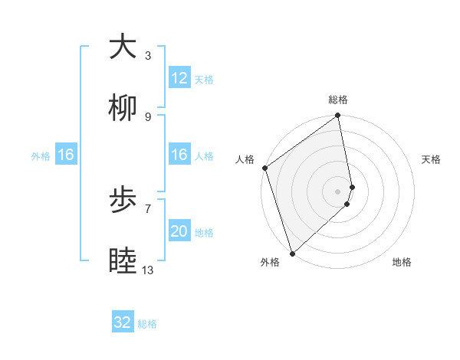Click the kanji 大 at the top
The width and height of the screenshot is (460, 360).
123,47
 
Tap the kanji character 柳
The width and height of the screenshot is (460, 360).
123,110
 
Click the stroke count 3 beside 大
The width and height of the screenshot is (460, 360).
148,56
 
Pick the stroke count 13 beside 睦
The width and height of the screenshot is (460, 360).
148,270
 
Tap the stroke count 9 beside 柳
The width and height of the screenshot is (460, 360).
148,117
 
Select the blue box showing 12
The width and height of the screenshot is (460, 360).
179,78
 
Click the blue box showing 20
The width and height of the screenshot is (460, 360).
179,231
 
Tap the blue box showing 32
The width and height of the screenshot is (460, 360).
123,322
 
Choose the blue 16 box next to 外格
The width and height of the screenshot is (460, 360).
66,155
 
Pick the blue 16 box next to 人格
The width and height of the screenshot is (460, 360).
179,155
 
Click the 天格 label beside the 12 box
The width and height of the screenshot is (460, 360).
204,80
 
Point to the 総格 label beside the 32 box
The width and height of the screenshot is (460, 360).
147,324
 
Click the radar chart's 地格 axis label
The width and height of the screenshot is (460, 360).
402,263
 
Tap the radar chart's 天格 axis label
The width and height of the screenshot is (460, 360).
432,159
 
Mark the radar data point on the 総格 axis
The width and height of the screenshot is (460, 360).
338,116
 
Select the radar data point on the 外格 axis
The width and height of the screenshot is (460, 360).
292,254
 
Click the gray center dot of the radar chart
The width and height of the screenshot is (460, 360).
338,190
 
